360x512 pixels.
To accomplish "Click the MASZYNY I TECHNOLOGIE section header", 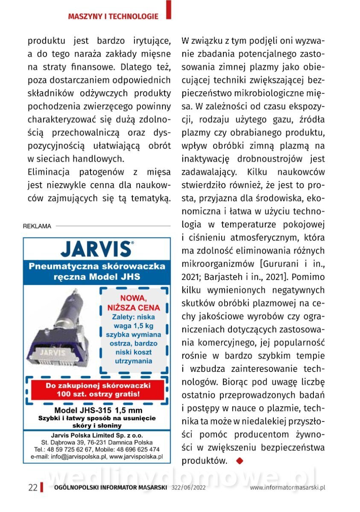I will tap(113, 16).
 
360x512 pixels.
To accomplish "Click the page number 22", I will tap(33, 488).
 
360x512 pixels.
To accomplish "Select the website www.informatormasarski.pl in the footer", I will tap(287, 488).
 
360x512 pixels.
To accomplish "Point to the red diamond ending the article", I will tap(239, 460).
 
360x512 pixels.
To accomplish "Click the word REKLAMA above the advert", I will tap(37, 226).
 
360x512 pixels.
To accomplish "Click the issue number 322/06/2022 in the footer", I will tap(188, 488).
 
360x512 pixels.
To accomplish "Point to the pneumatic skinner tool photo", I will tap(61, 331).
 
